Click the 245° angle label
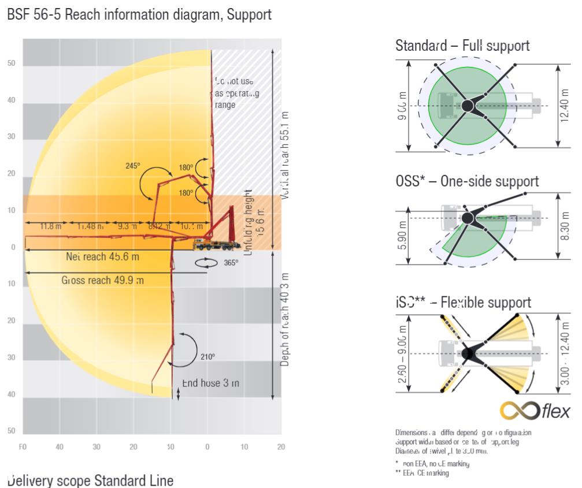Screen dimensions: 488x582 tap(132, 166)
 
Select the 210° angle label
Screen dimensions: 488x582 tap(207, 357)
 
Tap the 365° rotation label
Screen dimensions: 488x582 tap(230, 263)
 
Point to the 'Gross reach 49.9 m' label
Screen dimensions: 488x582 tap(102, 281)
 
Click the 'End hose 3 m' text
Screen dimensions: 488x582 tap(210, 383)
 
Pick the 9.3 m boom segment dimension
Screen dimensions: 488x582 tap(127, 226)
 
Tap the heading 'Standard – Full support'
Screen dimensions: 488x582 tap(462, 46)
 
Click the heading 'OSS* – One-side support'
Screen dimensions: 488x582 tap(467, 181)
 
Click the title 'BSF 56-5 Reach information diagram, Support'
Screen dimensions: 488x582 tap(139, 15)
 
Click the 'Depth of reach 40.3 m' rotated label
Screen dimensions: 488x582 tap(284, 318)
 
